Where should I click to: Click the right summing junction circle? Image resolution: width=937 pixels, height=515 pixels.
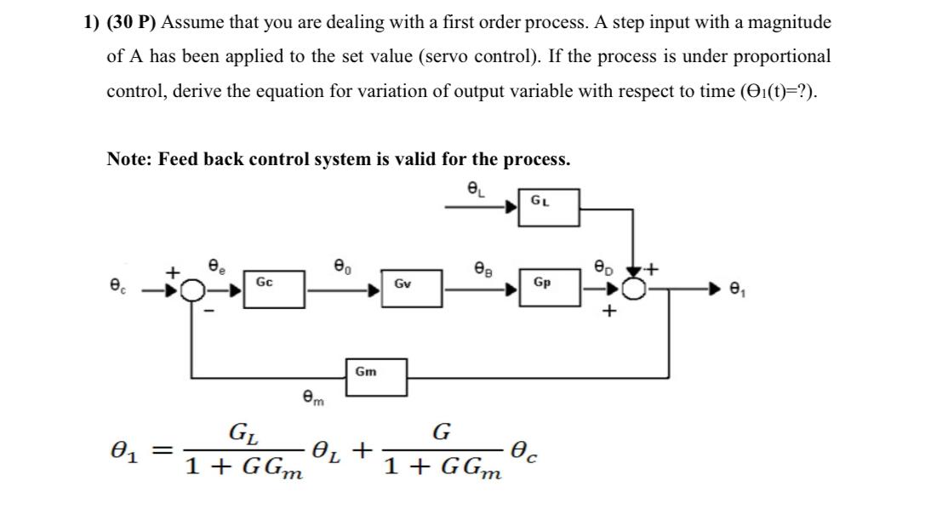tap(632, 291)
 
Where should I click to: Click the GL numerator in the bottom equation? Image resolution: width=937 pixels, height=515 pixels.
tap(244, 432)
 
